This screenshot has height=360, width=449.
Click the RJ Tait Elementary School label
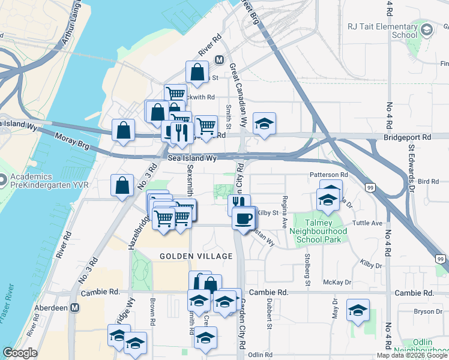382,31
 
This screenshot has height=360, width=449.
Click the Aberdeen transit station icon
75,307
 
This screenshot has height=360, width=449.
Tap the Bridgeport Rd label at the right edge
407,137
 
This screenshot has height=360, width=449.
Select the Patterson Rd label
329,175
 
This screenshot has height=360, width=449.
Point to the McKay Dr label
337,281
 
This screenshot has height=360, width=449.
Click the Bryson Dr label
427,311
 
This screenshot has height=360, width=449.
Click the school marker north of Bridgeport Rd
264,124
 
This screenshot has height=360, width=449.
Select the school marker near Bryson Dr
358,310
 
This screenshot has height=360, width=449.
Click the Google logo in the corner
20,353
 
